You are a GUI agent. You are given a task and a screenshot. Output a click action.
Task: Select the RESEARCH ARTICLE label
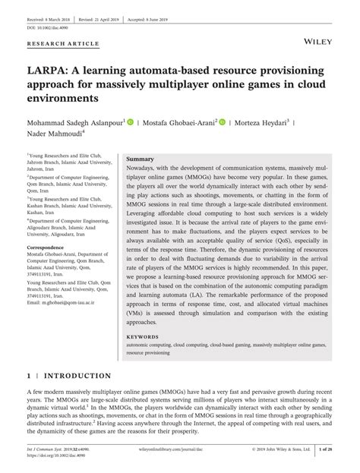pyautogui.click(x=63, y=44)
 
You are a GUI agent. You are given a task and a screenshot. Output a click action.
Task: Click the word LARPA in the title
pyautogui.click(x=49, y=71)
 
